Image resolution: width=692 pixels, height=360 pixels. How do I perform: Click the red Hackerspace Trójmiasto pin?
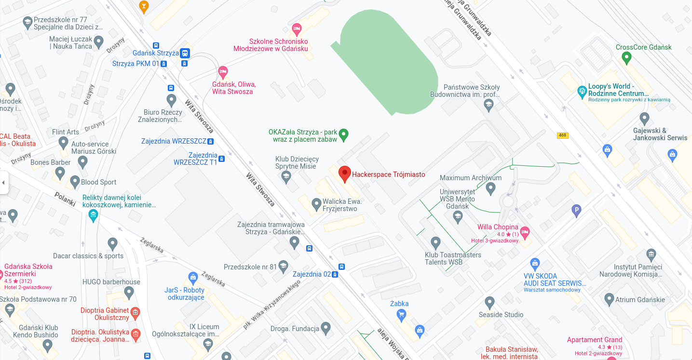pyautogui.click(x=344, y=173)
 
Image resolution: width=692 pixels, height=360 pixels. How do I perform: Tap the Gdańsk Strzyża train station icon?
pyautogui.click(x=185, y=53)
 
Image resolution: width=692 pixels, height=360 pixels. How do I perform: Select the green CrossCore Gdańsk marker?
pyautogui.click(x=626, y=58)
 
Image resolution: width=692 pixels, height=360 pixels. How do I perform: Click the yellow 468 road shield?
pyautogui.click(x=562, y=135)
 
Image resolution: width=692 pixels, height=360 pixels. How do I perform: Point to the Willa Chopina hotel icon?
pyautogui.click(x=525, y=231)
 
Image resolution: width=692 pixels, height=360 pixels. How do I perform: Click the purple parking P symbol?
pyautogui.click(x=576, y=210)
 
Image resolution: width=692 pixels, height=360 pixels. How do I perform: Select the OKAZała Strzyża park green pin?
pyautogui.click(x=343, y=134)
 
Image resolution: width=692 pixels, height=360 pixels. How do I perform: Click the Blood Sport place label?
pyautogui.click(x=98, y=182)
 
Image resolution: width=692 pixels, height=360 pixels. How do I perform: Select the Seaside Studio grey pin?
pyautogui.click(x=490, y=303)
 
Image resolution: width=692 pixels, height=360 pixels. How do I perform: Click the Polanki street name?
pyautogui.click(x=65, y=199)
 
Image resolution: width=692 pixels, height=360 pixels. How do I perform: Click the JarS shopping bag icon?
pyautogui.click(x=193, y=278)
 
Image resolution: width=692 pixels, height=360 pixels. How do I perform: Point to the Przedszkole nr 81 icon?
pyautogui.click(x=283, y=266)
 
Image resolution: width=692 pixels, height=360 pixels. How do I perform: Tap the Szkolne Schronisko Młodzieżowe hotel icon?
pyautogui.click(x=297, y=28)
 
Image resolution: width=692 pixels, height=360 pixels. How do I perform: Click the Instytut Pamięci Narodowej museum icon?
pyautogui.click(x=651, y=254)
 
